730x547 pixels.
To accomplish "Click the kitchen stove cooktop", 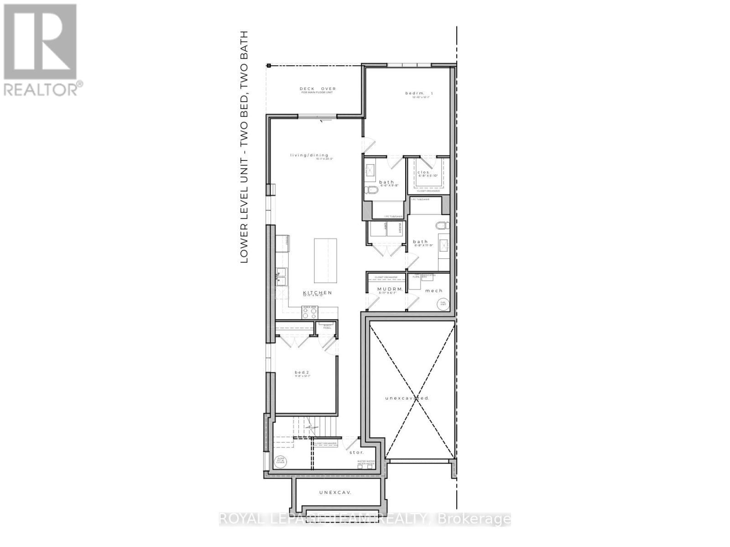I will coord(310,313).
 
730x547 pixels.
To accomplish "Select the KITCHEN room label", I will coord(318,293).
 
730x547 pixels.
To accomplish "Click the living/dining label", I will coord(309,155).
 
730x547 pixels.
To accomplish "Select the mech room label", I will coord(433,290).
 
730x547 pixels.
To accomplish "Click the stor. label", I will coord(356,452).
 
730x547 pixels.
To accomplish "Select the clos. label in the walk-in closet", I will coord(423,172).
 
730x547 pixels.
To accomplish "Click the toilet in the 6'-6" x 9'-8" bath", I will coord(370,190).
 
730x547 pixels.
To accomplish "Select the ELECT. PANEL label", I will coord(327,326).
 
